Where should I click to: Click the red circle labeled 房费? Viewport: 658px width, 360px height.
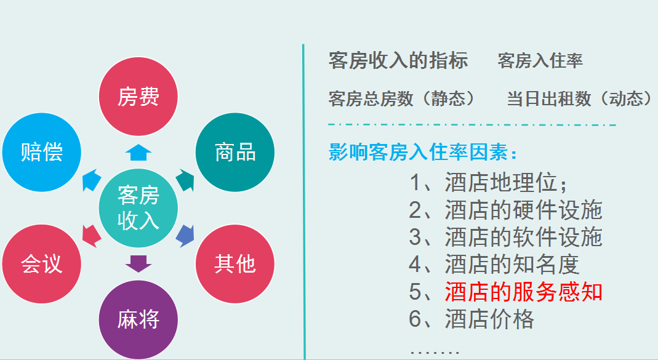(x=138, y=97)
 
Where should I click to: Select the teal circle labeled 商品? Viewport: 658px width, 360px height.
(x=235, y=152)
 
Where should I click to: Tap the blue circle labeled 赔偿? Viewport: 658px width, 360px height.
(x=42, y=152)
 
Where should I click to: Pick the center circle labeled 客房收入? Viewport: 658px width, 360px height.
(x=138, y=208)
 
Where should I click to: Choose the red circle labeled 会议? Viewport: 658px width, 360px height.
(x=42, y=263)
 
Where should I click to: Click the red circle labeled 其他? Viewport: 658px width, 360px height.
(x=235, y=263)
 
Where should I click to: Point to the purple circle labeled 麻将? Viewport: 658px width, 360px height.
(x=138, y=319)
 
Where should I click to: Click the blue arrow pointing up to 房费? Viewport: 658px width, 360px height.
(x=138, y=151)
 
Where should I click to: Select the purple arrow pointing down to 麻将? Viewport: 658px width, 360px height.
(x=138, y=263)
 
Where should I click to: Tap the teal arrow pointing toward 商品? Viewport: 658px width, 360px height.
(x=185, y=180)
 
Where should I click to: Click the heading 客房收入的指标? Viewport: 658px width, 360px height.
(x=398, y=60)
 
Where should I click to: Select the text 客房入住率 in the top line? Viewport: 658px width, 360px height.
(x=540, y=60)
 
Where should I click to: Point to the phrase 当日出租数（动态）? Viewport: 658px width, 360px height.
(x=579, y=98)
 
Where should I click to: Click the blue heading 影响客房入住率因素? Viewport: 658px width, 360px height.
(x=423, y=152)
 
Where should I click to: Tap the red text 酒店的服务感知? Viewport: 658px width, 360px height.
(x=523, y=292)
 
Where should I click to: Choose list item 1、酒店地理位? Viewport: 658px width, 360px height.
(x=490, y=183)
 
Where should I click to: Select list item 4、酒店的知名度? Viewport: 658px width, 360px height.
(x=494, y=265)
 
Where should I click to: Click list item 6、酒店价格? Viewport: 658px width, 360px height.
(x=471, y=319)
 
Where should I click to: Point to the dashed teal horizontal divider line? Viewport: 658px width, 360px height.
(x=472, y=126)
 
